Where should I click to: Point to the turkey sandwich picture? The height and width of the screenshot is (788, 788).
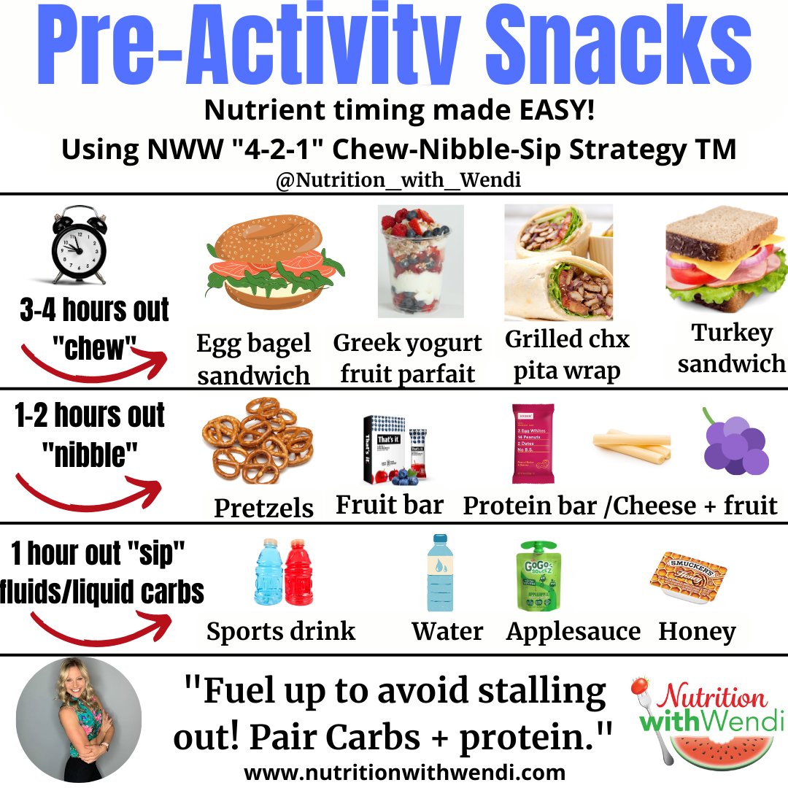[x=725, y=263]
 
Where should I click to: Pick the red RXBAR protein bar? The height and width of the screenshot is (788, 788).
[x=533, y=444]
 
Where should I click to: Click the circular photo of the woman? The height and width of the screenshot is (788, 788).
[x=78, y=719]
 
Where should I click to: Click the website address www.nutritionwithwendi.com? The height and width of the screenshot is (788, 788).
[x=404, y=772]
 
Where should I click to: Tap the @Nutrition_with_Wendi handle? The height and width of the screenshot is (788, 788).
[x=398, y=180]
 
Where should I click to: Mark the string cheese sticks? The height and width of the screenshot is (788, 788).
[x=631, y=446]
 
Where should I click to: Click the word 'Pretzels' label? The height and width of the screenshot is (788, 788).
[x=263, y=508]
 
